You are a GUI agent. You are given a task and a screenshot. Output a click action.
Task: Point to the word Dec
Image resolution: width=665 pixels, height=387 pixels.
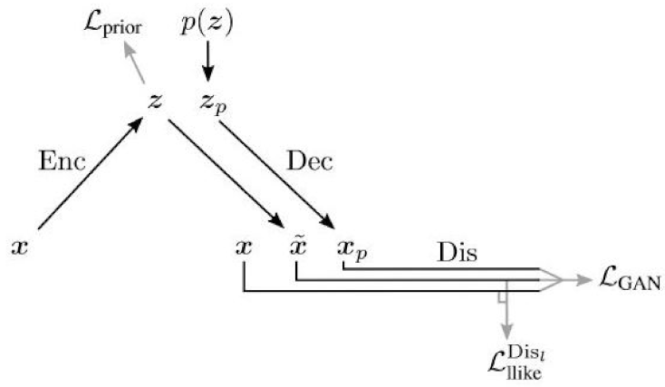tap(310, 161)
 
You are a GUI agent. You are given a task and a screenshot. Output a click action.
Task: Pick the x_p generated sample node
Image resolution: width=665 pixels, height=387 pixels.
tap(351, 247)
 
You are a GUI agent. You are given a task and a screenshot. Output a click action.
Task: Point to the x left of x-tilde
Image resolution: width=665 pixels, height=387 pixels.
tap(243, 246)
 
